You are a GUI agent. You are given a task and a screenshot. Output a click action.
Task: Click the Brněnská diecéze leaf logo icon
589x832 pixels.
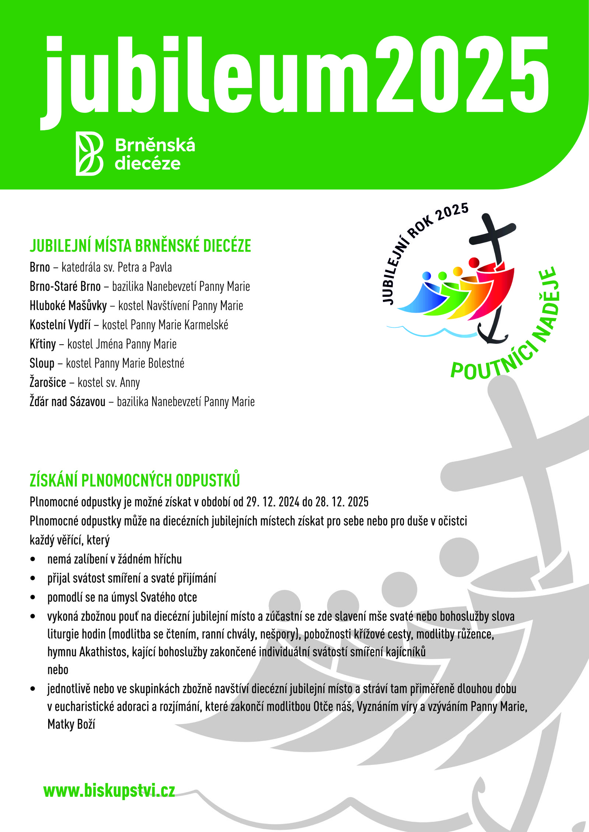click(x=89, y=153)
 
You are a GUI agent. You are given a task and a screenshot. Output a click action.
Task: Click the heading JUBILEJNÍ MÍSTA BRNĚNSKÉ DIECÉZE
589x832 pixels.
click(x=140, y=246)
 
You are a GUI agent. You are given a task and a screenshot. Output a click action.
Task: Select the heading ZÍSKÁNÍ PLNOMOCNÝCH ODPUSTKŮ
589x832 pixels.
click(x=135, y=480)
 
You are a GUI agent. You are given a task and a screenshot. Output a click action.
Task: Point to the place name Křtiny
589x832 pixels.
click(x=43, y=344)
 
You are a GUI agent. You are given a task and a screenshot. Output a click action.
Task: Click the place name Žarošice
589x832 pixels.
click(x=48, y=383)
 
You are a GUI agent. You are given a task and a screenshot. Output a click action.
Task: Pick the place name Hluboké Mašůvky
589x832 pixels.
click(x=68, y=306)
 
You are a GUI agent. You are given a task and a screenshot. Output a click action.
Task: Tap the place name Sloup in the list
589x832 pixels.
click(x=42, y=363)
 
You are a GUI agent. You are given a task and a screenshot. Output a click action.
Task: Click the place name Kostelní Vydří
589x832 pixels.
click(x=60, y=325)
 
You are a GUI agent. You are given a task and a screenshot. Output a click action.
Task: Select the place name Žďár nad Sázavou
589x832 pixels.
click(x=67, y=402)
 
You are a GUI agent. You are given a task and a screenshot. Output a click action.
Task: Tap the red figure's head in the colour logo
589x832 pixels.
click(x=474, y=263)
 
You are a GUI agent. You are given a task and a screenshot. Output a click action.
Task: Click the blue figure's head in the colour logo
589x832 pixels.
click(x=427, y=275)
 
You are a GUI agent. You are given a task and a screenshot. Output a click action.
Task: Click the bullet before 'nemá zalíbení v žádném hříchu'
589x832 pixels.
click(x=33, y=559)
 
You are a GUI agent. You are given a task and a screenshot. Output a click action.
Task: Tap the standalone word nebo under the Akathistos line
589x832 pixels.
click(x=58, y=670)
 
